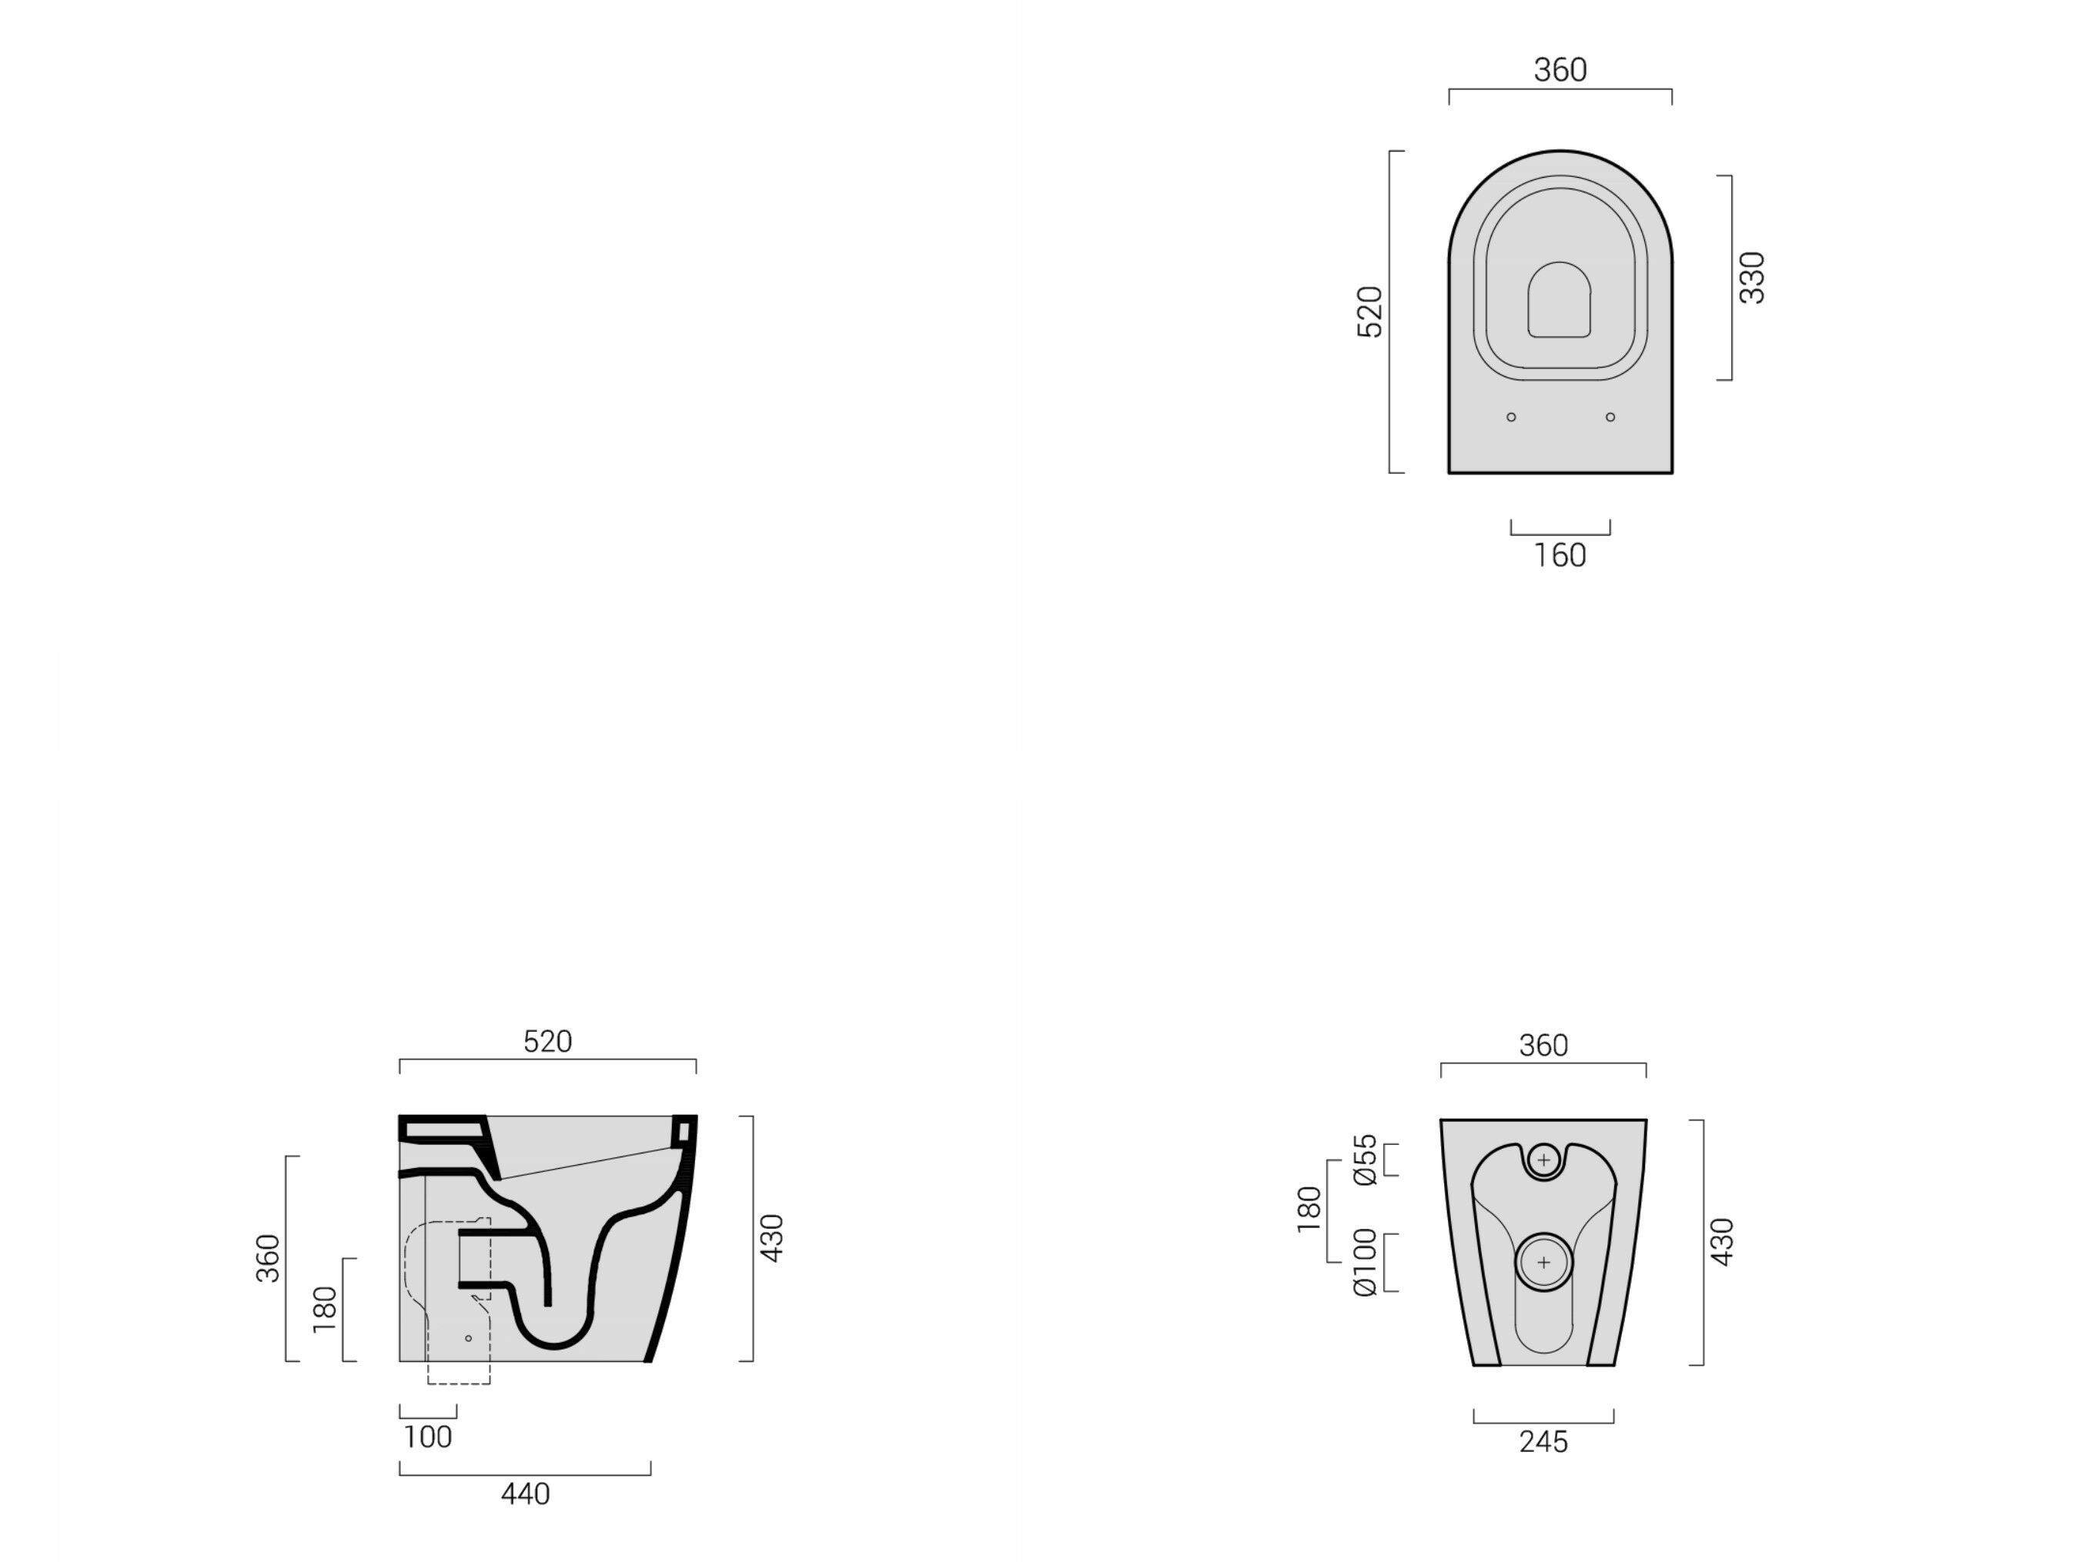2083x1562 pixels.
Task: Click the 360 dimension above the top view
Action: pos(1560,70)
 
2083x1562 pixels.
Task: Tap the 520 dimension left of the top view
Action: pos(1369,312)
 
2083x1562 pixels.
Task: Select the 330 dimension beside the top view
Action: pos(1751,278)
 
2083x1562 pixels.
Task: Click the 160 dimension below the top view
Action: pos(1560,556)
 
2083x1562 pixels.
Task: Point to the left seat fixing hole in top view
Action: pos(1511,417)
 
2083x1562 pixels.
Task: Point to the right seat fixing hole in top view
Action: pos(1610,417)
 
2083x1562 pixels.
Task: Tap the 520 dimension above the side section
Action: pos(547,1041)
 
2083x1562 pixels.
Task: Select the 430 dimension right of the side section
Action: pos(771,1238)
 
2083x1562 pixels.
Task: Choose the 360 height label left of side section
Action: pos(269,1258)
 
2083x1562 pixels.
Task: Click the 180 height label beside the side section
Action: pos(324,1309)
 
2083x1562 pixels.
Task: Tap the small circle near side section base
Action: pos(468,1338)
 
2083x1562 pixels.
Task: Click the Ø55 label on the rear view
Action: pos(1365,1160)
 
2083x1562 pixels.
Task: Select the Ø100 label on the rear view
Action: pos(1365,1263)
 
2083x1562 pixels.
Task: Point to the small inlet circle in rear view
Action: pos(1543,1160)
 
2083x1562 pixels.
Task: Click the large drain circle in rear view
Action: pos(1543,1263)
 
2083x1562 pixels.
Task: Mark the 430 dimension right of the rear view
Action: pos(1721,1242)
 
